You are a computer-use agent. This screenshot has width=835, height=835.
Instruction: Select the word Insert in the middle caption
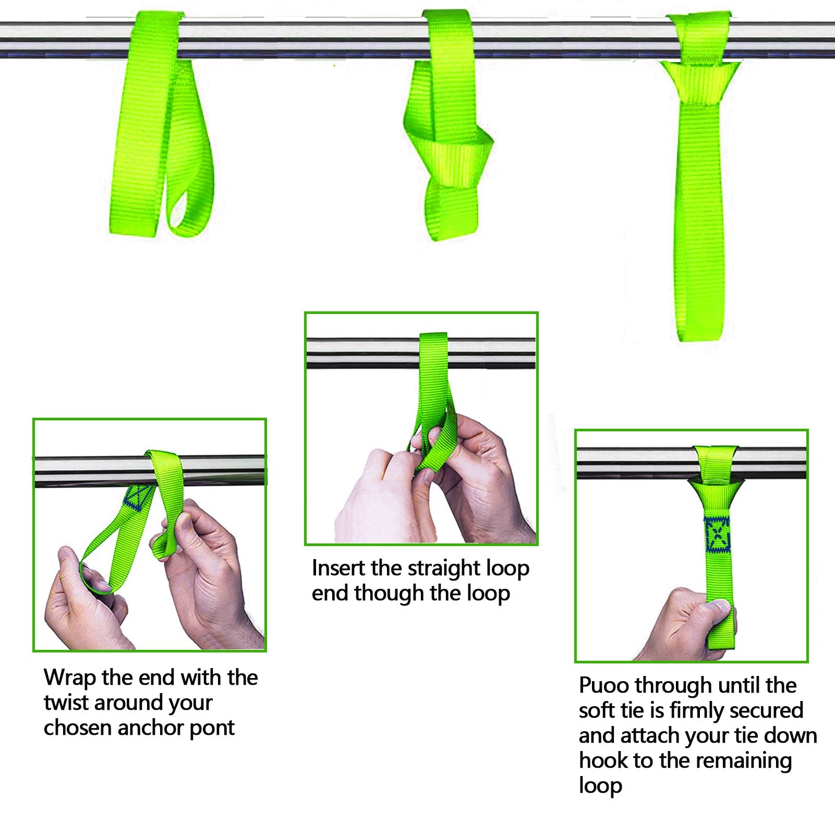(x=338, y=568)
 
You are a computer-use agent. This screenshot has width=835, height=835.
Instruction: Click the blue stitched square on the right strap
(x=718, y=535)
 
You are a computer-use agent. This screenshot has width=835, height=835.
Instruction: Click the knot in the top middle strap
(x=459, y=156)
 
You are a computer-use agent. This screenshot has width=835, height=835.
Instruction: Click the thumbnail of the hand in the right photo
(x=722, y=607)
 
